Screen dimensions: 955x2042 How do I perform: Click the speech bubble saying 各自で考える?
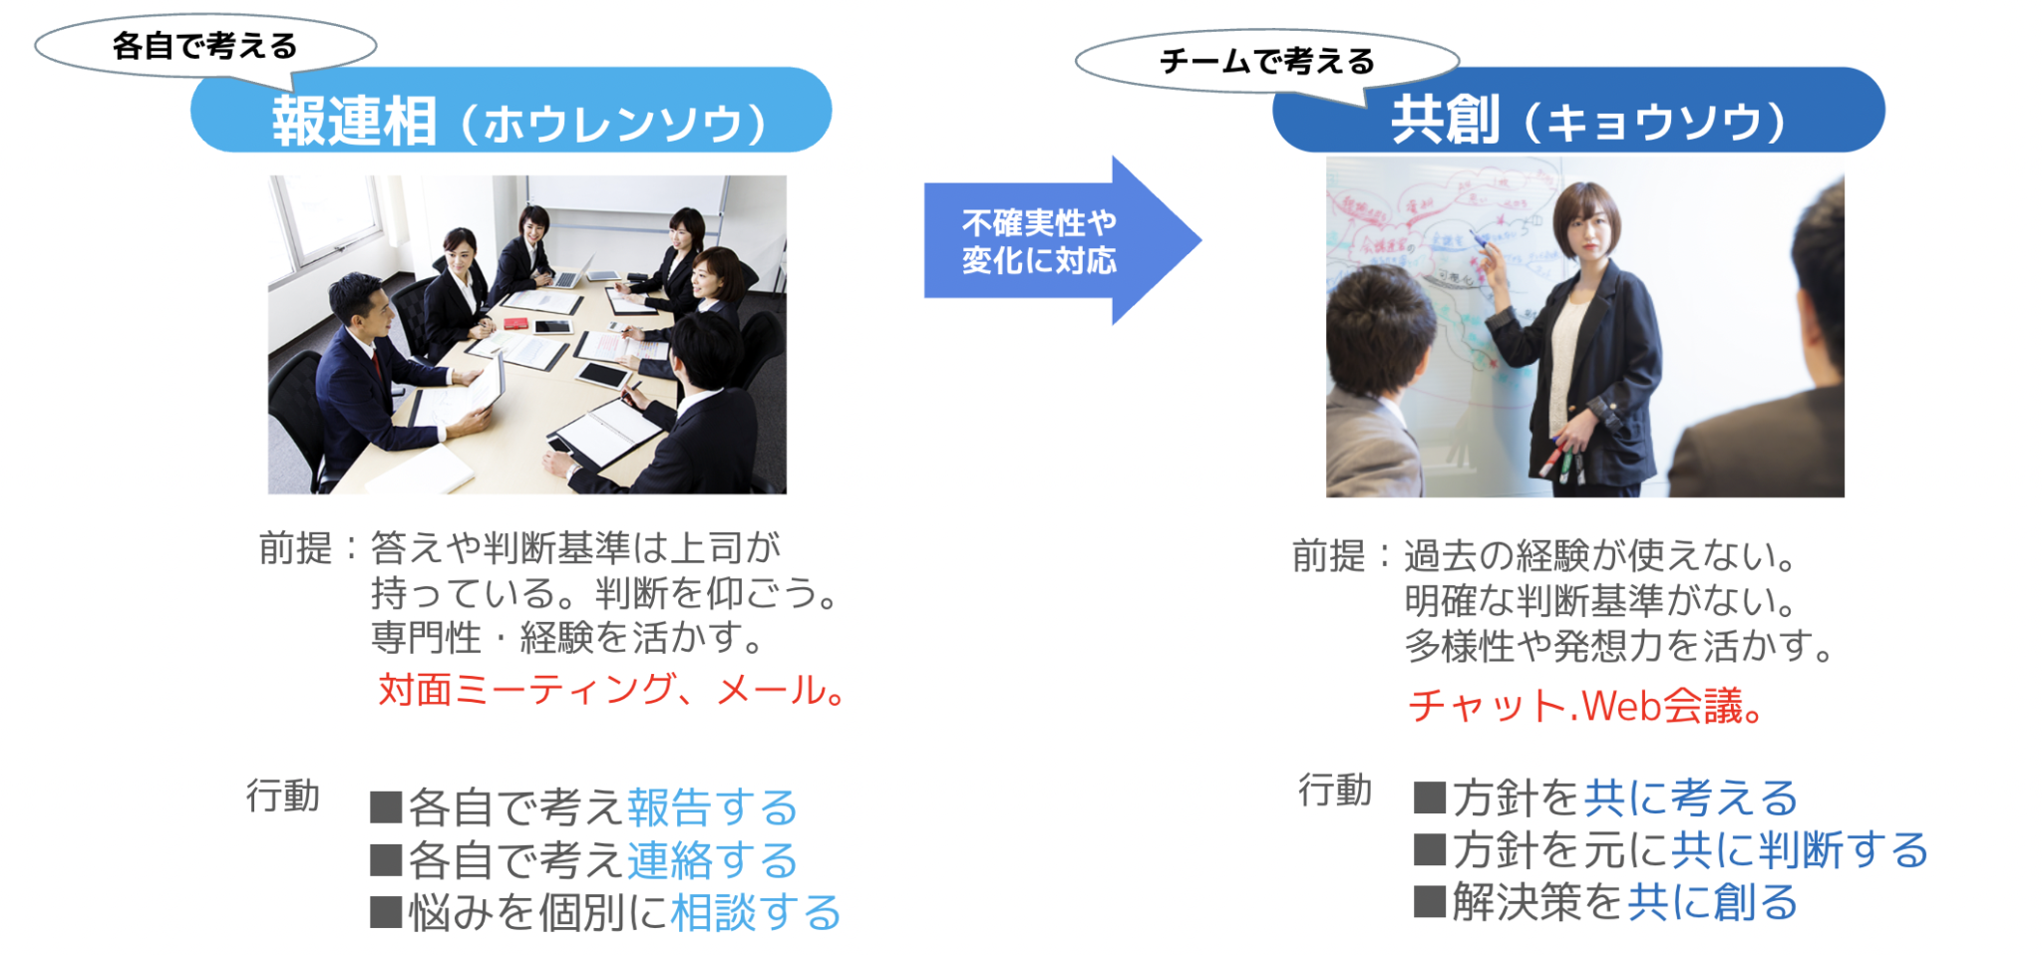[x=204, y=46]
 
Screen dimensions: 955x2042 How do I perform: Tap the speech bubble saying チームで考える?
[x=1266, y=62]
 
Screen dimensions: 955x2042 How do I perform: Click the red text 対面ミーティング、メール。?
[x=611, y=690]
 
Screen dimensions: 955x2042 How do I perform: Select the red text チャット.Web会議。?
[x=1585, y=707]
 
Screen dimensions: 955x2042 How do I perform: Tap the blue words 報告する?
[x=712, y=807]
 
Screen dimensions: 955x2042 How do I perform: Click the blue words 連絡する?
[x=712, y=860]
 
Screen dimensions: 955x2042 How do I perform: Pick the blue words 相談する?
[x=756, y=913]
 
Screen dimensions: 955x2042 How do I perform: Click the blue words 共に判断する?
[x=1799, y=850]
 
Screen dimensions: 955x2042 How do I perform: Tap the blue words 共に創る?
[x=1712, y=903]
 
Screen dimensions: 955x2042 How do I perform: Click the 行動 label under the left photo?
[x=282, y=796]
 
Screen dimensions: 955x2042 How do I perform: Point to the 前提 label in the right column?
[x=1328, y=555]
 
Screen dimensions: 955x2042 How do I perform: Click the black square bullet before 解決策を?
[x=1429, y=902]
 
